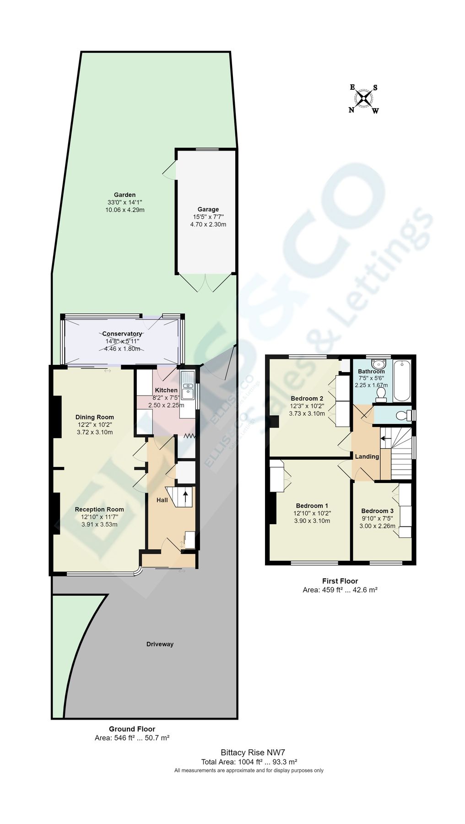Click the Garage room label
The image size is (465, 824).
click(208, 210)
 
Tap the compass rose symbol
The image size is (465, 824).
click(364, 98)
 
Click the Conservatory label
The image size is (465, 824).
click(122, 334)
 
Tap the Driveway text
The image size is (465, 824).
click(160, 644)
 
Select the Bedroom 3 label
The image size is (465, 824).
click(377, 511)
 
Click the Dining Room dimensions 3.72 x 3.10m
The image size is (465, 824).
click(95, 432)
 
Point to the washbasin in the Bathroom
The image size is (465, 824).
click(378, 364)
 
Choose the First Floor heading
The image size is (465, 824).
click(340, 581)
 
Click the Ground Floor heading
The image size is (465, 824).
click(132, 729)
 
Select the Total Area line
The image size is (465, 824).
click(249, 762)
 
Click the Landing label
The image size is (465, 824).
click(367, 456)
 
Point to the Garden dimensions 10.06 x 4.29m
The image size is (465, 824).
click(124, 210)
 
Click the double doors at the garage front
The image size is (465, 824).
click(206, 282)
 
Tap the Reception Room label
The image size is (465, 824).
click(99, 509)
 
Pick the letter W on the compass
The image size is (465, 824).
click(375, 110)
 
